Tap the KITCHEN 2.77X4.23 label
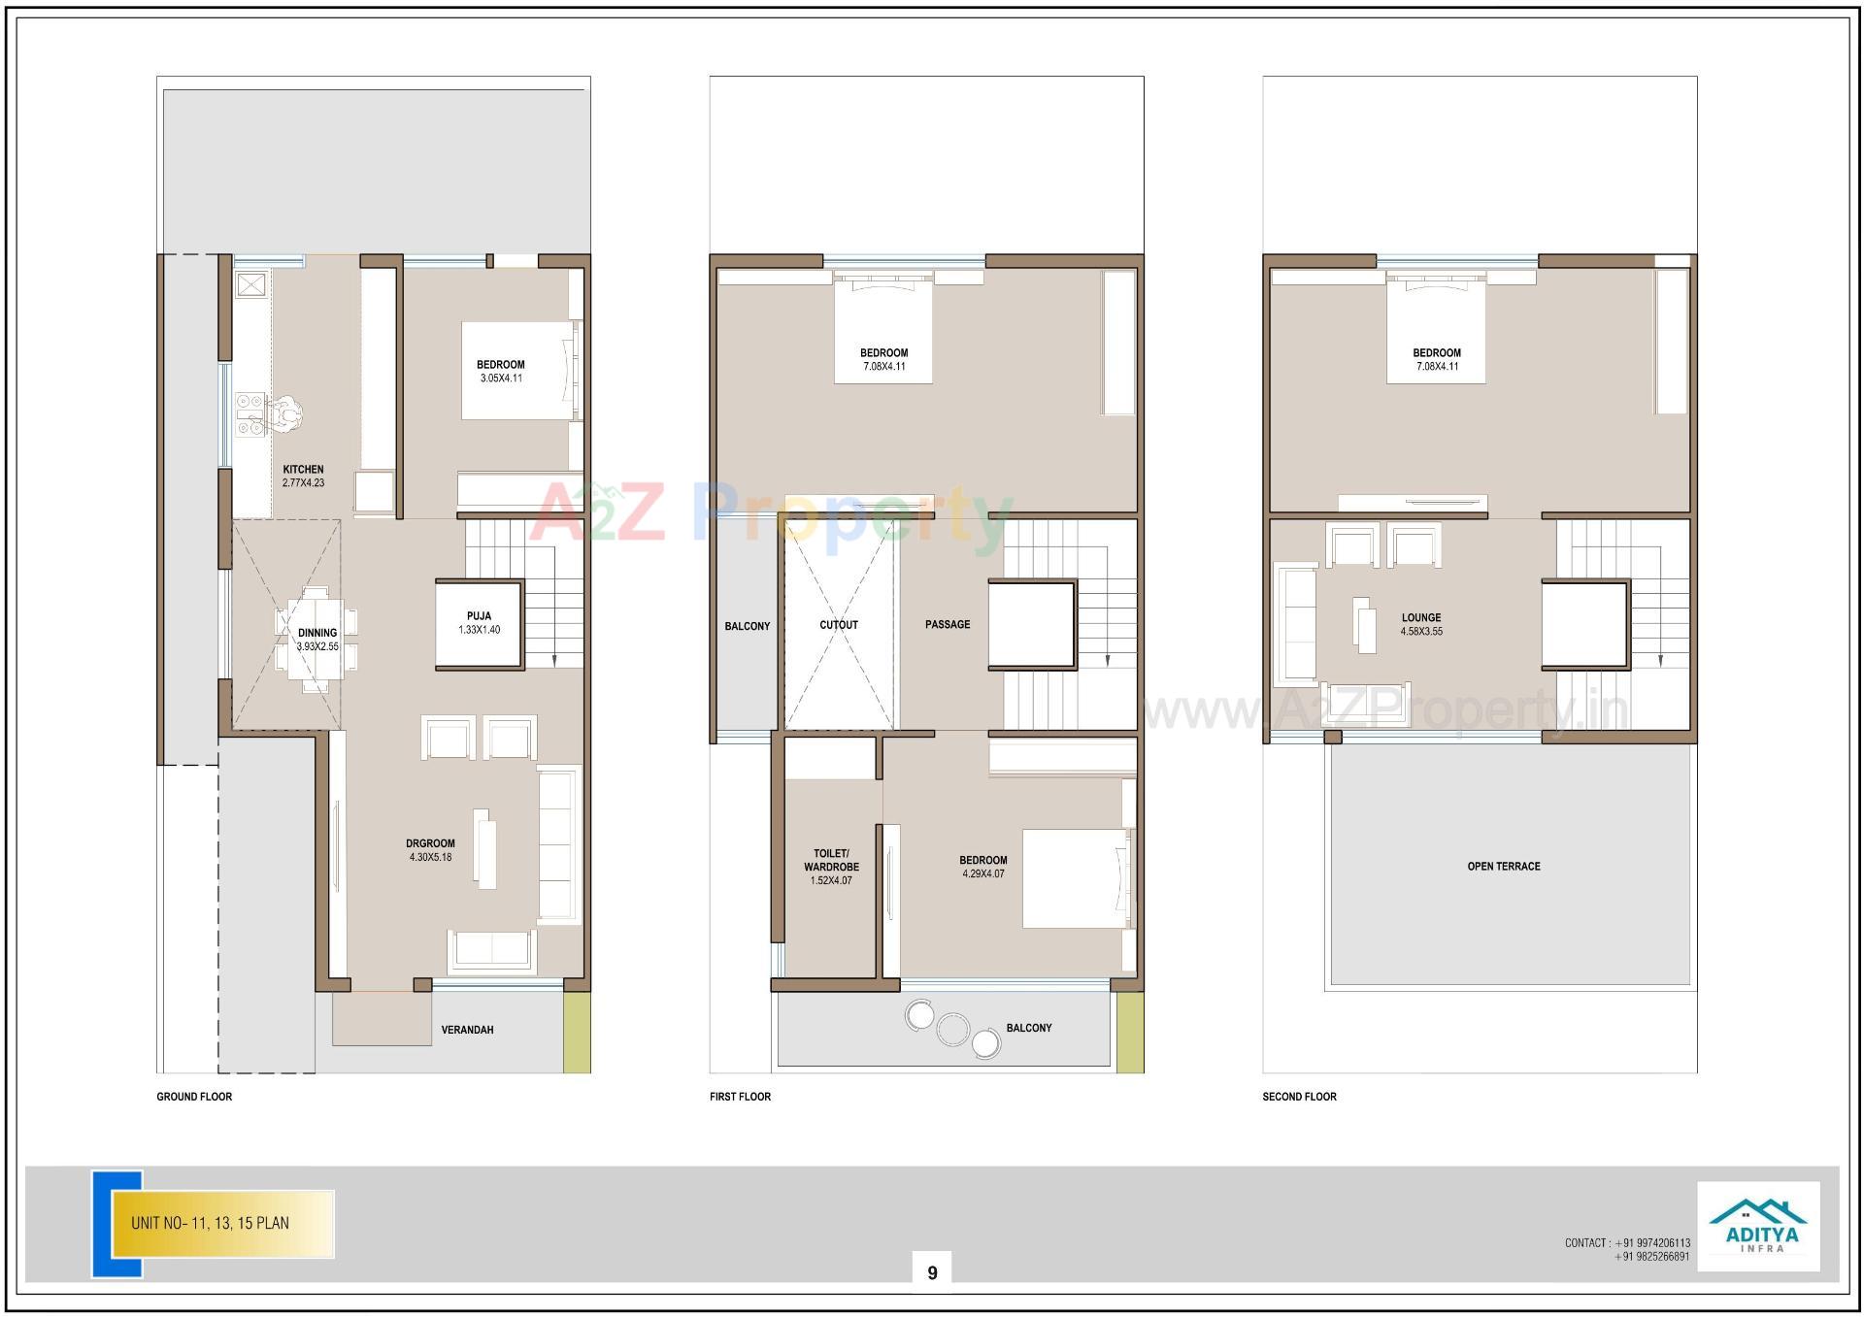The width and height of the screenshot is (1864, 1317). click(x=303, y=476)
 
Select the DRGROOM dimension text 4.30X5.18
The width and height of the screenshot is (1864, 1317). click(x=430, y=858)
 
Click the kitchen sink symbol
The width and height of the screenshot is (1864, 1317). click(x=251, y=285)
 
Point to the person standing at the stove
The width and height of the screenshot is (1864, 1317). click(x=285, y=413)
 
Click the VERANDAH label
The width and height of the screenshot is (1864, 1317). click(x=467, y=1030)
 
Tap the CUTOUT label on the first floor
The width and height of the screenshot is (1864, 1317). click(x=839, y=625)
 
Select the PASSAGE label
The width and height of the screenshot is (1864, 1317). click(x=948, y=625)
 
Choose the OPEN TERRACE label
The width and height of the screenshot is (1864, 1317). click(x=1504, y=867)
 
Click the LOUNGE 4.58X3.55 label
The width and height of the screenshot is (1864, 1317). click(x=1421, y=624)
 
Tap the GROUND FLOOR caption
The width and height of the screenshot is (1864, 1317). click(x=194, y=1097)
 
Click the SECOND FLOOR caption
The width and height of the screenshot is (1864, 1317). click(x=1299, y=1097)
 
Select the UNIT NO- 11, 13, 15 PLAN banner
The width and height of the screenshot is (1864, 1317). click(x=222, y=1223)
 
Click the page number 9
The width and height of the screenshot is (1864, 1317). click(x=932, y=1273)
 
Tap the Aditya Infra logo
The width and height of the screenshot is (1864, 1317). click(x=1758, y=1226)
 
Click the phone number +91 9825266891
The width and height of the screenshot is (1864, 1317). click(x=1652, y=1257)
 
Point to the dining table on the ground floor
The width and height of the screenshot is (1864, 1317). click(x=316, y=639)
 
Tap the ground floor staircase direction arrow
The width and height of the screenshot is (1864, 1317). click(x=554, y=658)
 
